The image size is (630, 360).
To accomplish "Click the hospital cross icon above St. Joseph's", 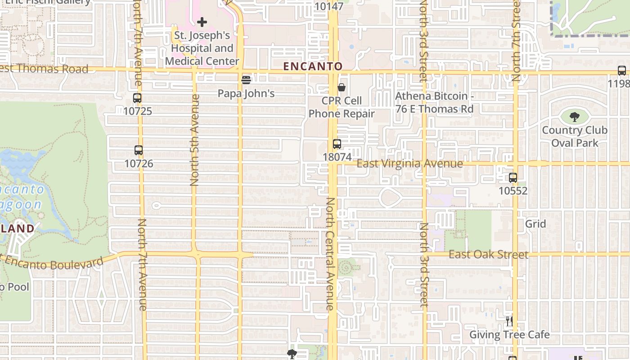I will (202, 22).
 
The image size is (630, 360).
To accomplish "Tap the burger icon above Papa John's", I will (246, 80).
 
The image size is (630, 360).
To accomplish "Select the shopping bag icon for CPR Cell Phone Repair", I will (342, 87).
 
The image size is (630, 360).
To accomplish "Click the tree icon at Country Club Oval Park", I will (575, 117).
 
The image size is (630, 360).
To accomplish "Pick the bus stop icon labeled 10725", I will (137, 98).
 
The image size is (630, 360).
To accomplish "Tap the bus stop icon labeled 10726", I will (139, 150).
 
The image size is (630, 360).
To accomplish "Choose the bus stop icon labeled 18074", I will (337, 144).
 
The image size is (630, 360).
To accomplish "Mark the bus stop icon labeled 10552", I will (513, 178).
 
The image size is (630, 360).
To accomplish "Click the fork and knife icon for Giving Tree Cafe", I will (509, 321).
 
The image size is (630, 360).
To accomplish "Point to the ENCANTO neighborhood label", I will (313, 67).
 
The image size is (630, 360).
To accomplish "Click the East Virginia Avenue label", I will (409, 164).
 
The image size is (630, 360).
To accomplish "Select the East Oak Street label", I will (488, 255).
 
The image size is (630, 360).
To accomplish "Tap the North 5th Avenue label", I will (194, 139).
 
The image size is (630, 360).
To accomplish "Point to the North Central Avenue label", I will (330, 254).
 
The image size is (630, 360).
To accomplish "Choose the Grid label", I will (535, 224).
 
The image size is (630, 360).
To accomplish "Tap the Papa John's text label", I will (246, 94).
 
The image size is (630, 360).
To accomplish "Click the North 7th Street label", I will (516, 40).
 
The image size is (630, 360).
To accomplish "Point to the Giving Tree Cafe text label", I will (509, 335).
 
